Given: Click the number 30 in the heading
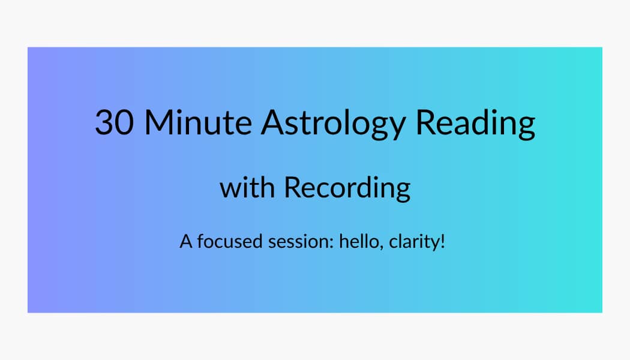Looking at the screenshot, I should tap(113, 122).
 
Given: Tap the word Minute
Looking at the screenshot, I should tap(198, 122).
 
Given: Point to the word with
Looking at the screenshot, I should tap(247, 187).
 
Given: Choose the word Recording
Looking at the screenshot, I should tap(347, 188).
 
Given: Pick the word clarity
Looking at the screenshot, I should tap(413, 242).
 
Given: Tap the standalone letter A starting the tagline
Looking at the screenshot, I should tap(185, 242).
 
